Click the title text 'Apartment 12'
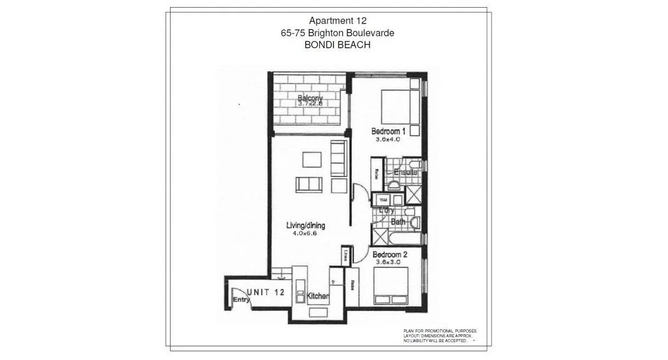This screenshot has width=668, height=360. (337, 21)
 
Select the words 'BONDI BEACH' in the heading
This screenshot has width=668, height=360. (337, 45)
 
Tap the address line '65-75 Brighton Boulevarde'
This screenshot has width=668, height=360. (337, 33)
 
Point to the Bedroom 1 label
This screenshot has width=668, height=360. (388, 131)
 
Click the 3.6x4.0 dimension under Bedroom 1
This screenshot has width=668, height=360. (388, 139)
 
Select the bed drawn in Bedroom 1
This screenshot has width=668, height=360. (399, 106)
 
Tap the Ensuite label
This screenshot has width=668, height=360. (405, 172)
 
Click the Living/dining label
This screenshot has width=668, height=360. (305, 225)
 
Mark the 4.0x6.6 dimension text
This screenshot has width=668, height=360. (305, 233)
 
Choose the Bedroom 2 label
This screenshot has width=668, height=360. (390, 255)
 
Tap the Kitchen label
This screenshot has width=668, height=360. (318, 296)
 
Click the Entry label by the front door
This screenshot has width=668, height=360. (241, 300)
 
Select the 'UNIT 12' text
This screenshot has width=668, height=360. (265, 292)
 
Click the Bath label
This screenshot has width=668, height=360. (398, 222)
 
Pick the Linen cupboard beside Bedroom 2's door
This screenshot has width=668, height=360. (346, 255)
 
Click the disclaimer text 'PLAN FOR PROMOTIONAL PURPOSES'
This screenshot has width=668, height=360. (440, 331)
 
